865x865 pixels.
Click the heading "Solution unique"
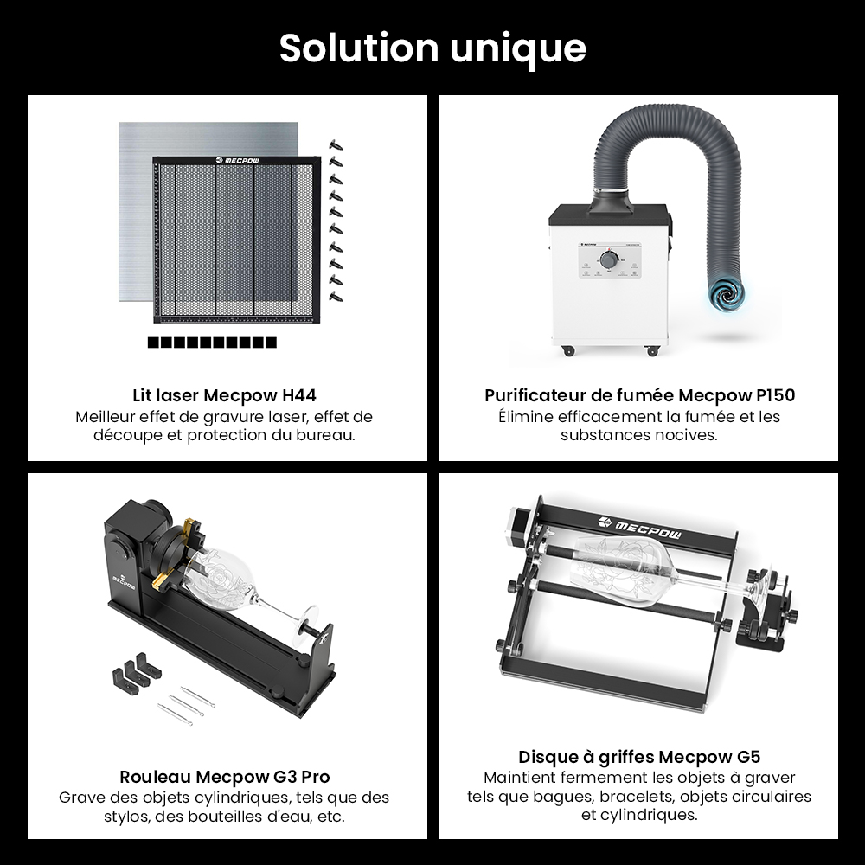point(432,49)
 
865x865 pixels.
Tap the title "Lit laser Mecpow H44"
point(225,395)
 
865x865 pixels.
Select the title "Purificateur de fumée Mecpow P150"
point(640,395)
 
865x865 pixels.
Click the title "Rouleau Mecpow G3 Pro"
point(225,777)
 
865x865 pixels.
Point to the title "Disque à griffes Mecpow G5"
point(639,757)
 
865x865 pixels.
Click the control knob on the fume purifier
point(609,259)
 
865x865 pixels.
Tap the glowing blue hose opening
point(726,292)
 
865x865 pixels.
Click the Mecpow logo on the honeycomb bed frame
point(237,161)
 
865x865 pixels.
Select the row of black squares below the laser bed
point(213,343)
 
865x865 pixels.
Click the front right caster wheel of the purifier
point(652,350)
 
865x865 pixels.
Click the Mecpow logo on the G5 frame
point(640,526)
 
